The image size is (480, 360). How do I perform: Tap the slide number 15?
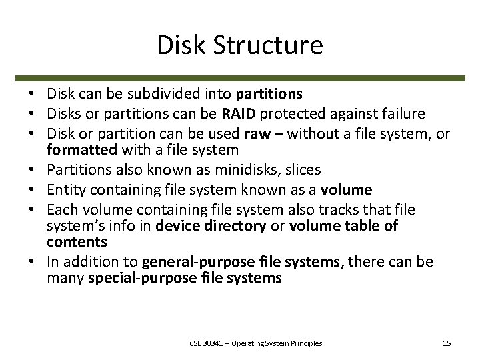click(x=447, y=343)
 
